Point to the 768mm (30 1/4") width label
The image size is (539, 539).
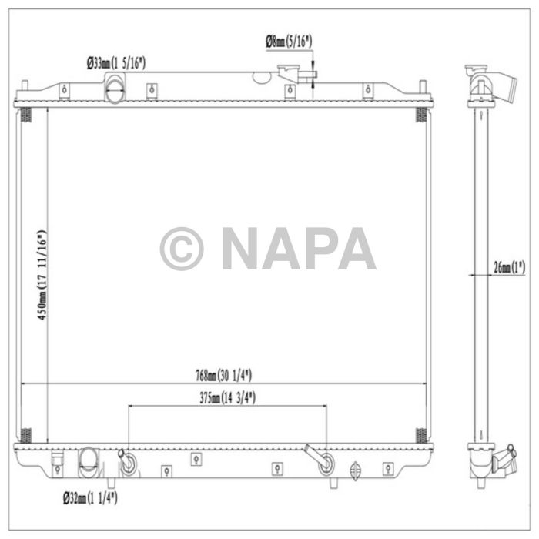click(x=224, y=375)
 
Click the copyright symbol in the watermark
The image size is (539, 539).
click(x=182, y=249)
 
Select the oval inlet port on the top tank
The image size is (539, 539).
click(x=115, y=90)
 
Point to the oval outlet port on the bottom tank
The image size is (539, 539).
click(x=89, y=465)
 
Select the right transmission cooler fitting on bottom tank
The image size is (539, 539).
click(x=326, y=464)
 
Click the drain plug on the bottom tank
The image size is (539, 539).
click(x=355, y=469)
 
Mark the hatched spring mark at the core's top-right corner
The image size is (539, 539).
click(x=421, y=115)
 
